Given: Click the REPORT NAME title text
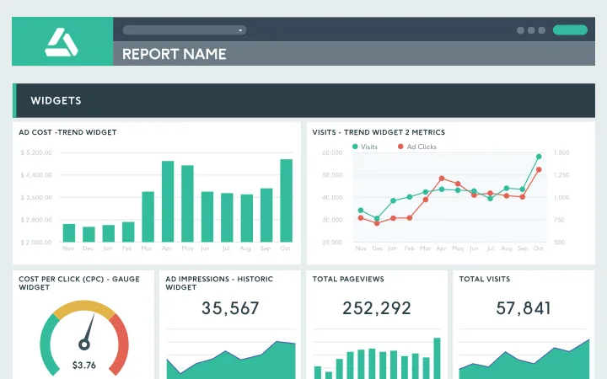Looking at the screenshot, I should [174, 54].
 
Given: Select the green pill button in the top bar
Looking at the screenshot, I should [570, 29].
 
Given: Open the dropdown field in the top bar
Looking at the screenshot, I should [184, 29].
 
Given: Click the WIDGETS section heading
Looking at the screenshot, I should [56, 101].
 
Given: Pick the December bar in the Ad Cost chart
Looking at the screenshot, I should [89, 234].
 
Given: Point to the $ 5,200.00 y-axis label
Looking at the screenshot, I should [35, 152].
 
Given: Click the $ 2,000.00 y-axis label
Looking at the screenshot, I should [35, 243].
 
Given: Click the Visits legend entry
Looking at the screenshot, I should [365, 147].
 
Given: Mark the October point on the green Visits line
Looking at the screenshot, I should [538, 157].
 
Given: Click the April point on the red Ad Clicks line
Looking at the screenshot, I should [441, 179].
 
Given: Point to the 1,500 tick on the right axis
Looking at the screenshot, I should [562, 152].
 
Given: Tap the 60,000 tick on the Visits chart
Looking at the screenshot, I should [332, 152].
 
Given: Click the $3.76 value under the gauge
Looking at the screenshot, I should [83, 365].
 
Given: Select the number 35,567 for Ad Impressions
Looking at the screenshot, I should [230, 308].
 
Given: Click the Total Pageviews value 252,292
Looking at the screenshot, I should [377, 308].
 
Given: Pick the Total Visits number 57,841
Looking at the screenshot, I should [524, 308].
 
